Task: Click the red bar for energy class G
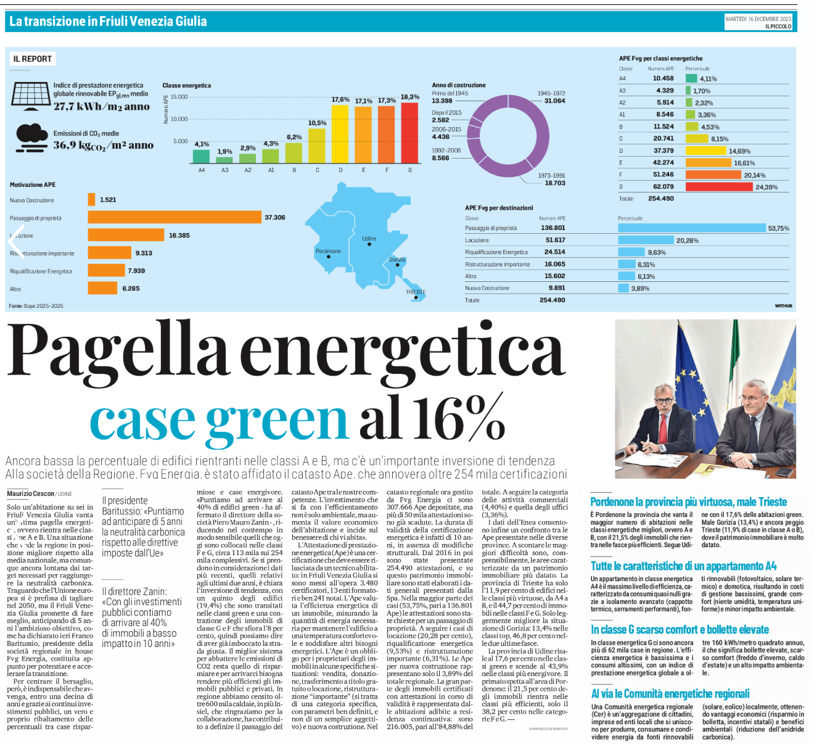tap(409, 133)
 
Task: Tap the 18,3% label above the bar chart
tap(409, 97)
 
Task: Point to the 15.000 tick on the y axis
tap(179, 97)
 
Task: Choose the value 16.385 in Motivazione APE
tap(179, 235)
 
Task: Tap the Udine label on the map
tap(369, 238)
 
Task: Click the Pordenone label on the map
tap(328, 251)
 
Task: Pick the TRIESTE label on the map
tap(416, 292)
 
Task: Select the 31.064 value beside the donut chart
tap(554, 101)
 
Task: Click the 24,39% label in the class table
tap(767, 187)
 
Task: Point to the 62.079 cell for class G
tap(664, 186)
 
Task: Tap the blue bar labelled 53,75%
tap(691, 228)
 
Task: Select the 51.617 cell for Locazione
tap(555, 240)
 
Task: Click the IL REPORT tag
tap(33, 59)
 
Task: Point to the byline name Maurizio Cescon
tap(30, 493)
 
